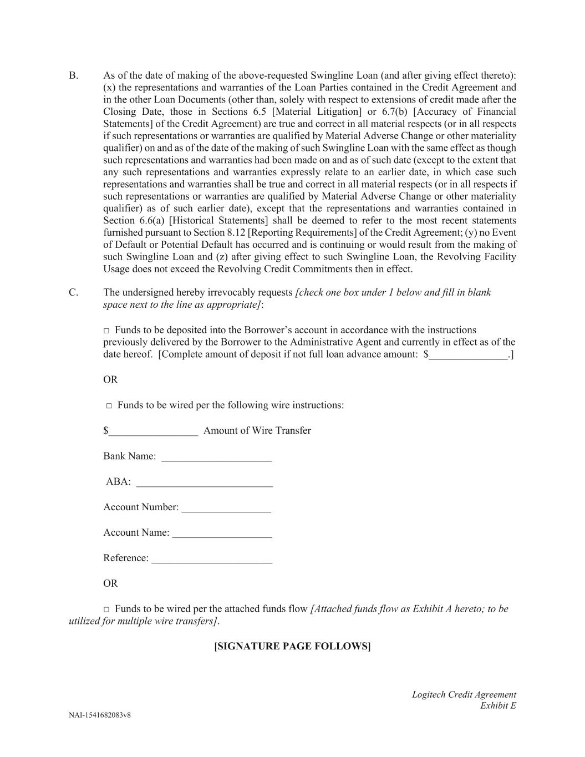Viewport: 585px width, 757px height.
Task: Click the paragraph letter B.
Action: coord(73,75)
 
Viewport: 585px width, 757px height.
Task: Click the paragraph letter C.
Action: coord(73,292)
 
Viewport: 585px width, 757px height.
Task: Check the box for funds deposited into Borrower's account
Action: coord(106,331)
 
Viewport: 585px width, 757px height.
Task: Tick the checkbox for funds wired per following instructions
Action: coord(109,406)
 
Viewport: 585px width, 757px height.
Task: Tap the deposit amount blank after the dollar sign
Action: coord(468,355)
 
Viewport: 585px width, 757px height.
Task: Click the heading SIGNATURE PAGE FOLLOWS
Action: coord(292,646)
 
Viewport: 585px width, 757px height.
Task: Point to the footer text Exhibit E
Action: coord(498,705)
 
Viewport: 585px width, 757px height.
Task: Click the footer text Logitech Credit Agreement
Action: coord(464,694)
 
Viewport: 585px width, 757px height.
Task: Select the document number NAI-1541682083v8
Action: coord(100,715)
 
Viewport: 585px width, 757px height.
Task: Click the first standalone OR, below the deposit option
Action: coord(110,379)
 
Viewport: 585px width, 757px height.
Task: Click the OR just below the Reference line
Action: coord(110,583)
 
